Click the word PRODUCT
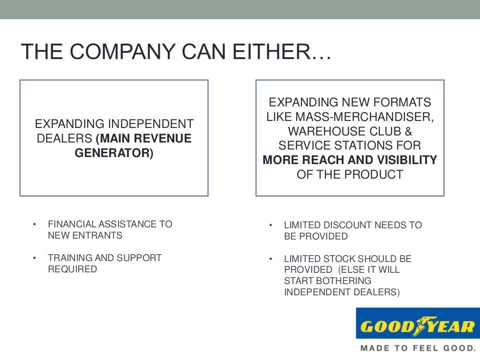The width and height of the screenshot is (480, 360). click(374, 174)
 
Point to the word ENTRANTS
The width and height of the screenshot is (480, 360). click(100, 235)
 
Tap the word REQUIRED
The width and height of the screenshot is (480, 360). click(72, 269)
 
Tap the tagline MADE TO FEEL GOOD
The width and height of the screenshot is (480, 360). click(417, 348)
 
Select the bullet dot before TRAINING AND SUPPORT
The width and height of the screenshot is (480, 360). click(34, 258)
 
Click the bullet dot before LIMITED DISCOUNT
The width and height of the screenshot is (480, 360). click(270, 225)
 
